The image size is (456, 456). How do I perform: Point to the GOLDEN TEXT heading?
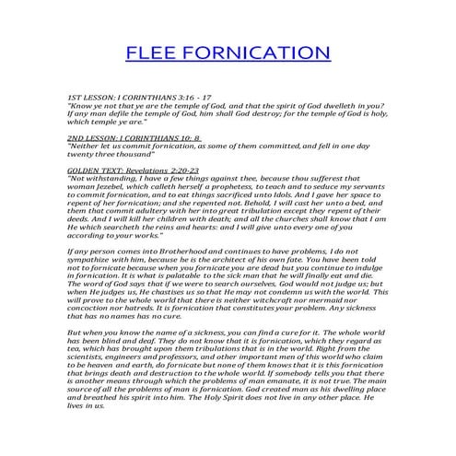(x=96, y=170)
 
